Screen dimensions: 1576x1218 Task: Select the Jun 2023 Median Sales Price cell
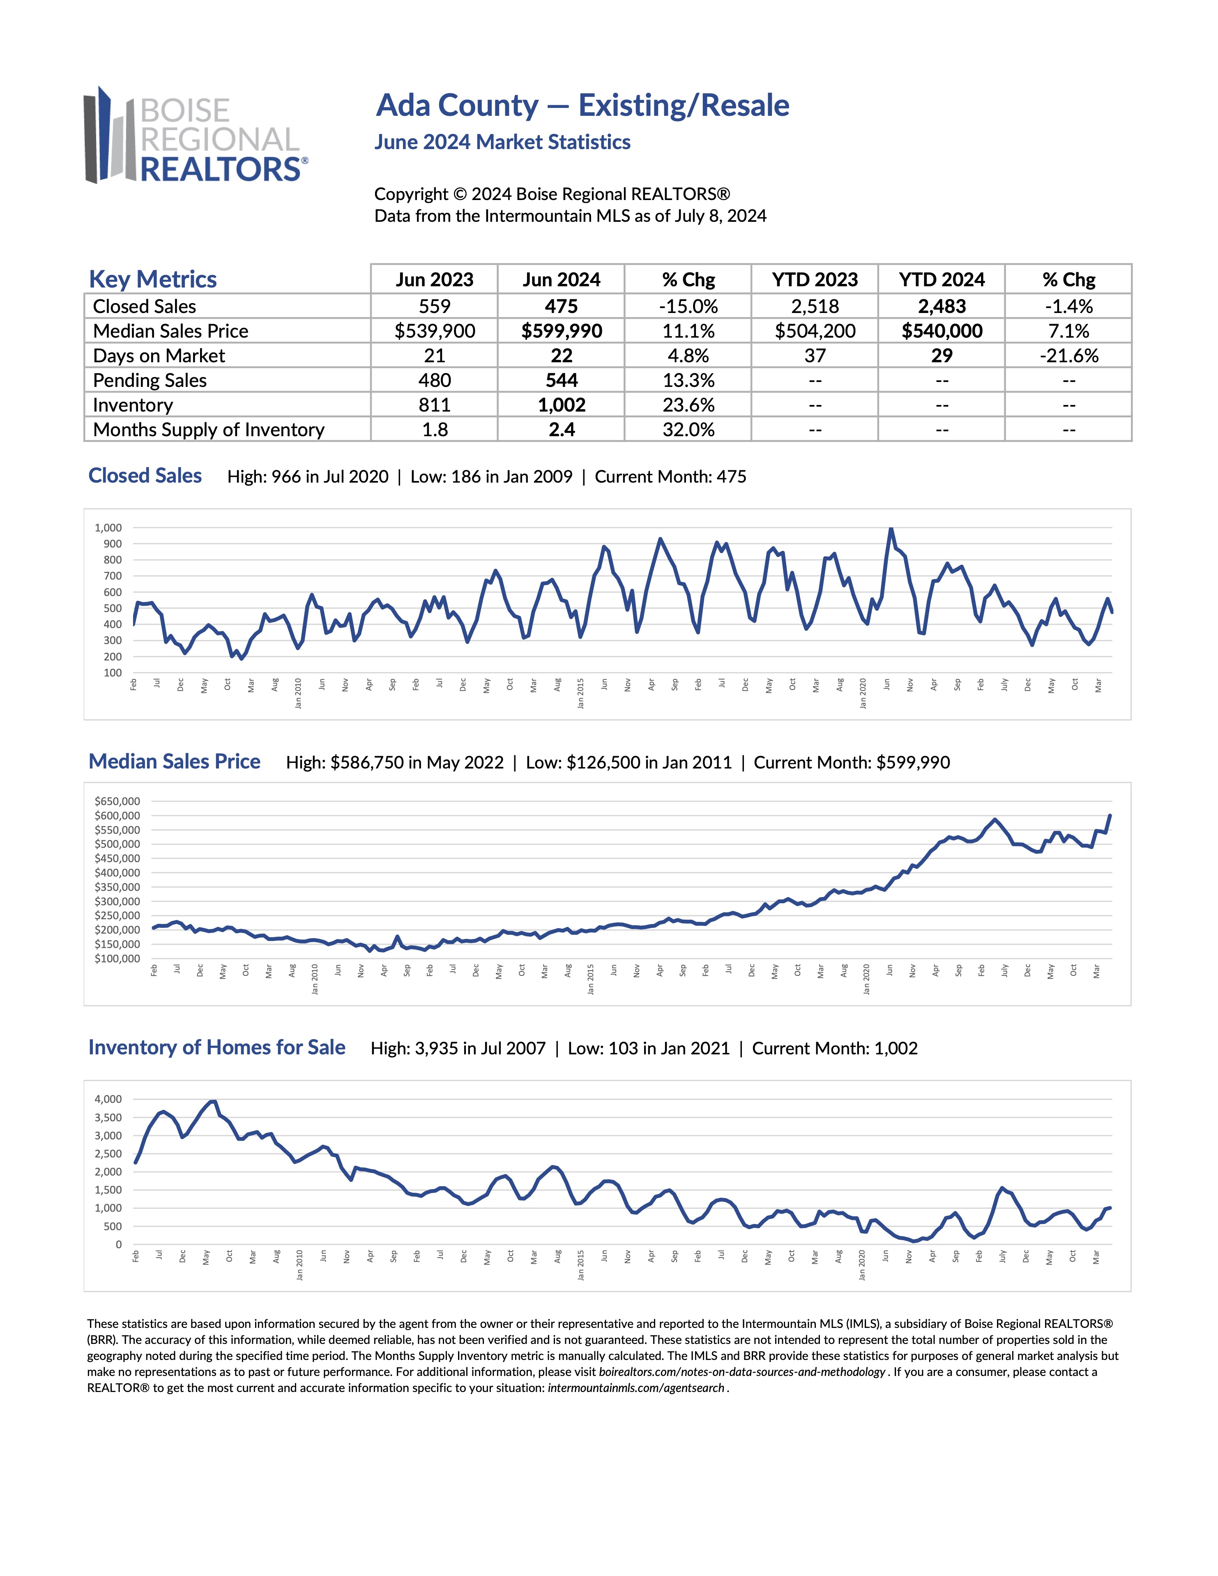[x=434, y=331]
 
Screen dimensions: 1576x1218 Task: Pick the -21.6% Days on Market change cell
[x=1068, y=356]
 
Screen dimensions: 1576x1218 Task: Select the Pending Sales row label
[x=150, y=380]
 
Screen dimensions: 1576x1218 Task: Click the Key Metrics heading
[x=153, y=279]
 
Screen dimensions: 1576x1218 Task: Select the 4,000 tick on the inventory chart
[x=108, y=1099]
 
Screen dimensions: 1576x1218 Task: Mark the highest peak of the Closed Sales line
[x=891, y=529]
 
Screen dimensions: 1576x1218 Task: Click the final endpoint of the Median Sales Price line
[x=1110, y=815]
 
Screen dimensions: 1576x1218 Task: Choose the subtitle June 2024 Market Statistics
[x=502, y=142]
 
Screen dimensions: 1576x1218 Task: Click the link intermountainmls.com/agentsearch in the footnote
[x=635, y=1387]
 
